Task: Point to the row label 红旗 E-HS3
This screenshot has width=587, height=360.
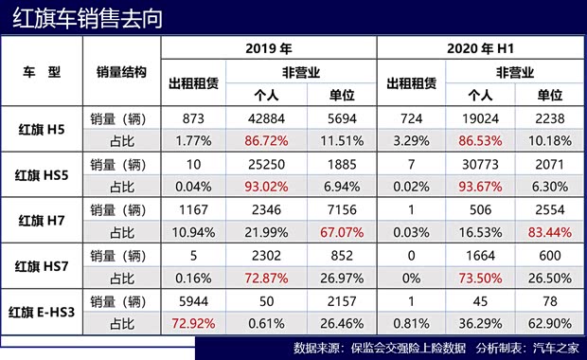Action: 42,310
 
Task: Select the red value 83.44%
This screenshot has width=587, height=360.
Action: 548,231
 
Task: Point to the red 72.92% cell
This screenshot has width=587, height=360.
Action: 193,321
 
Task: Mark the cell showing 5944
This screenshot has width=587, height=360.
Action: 193,300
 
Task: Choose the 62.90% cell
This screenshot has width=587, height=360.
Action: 548,321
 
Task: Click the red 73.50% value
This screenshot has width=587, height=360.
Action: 481,276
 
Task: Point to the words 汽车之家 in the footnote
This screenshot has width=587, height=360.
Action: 553,346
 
